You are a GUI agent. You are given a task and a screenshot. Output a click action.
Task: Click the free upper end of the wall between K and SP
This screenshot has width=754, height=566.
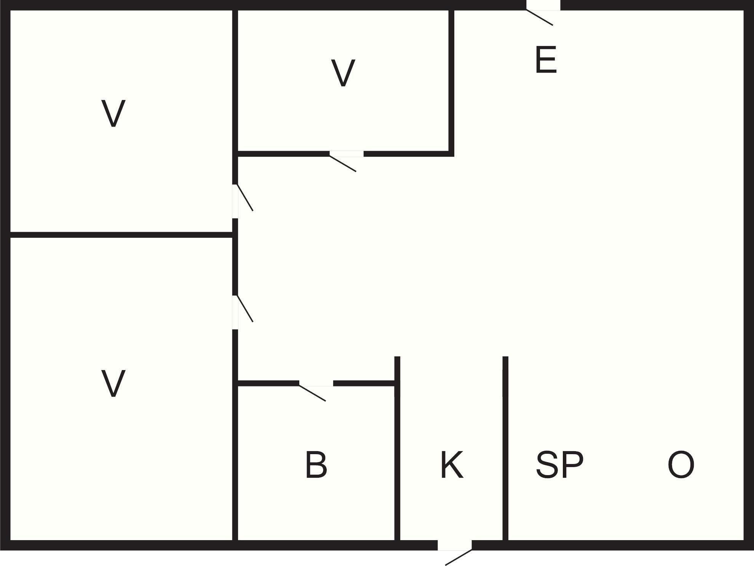[x=505, y=357]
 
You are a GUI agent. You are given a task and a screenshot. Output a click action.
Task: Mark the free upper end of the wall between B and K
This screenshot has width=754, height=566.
[x=397, y=357]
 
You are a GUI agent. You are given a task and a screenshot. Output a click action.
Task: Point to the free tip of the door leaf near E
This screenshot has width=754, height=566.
[x=553, y=25]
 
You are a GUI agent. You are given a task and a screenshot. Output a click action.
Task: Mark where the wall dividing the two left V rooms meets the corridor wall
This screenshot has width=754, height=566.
[x=235, y=235]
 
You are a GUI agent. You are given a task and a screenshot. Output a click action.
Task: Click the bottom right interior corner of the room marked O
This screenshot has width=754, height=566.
[x=743, y=540]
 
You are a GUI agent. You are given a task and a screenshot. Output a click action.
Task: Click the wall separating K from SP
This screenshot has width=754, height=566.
[x=505, y=448]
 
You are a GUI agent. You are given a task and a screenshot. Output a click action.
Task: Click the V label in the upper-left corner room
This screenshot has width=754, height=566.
[x=113, y=113]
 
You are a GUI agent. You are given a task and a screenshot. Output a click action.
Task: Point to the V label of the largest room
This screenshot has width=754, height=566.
[x=113, y=383]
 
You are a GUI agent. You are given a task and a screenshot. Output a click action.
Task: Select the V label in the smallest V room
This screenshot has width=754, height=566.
[x=343, y=73]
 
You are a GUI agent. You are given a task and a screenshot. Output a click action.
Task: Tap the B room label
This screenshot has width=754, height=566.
[x=316, y=464]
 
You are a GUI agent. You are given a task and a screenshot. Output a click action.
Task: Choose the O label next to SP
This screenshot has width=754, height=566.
[x=681, y=464]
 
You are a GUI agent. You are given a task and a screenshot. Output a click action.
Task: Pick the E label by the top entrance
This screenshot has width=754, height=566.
[x=546, y=59]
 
